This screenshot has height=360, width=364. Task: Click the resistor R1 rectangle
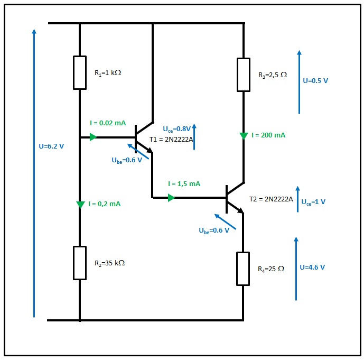[80, 72]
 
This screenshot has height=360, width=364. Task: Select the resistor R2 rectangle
[80, 263]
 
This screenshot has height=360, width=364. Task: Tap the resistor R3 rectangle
[244, 75]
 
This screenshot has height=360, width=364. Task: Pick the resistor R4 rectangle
[243, 269]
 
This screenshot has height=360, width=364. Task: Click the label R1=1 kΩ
[108, 73]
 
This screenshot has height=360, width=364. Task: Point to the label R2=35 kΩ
[109, 263]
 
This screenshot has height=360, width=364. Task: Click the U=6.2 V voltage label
[51, 146]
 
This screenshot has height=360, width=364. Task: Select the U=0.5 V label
[315, 81]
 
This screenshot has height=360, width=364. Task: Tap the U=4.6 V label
[312, 267]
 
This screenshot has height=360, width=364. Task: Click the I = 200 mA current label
[269, 135]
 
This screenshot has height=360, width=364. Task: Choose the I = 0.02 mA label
[108, 123]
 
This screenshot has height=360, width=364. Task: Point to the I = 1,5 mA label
[184, 184]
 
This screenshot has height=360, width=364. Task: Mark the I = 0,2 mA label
[105, 204]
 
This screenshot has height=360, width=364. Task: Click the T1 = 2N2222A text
[172, 140]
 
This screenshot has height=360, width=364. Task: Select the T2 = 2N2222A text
[271, 199]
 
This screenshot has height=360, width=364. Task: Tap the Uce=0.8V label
[176, 129]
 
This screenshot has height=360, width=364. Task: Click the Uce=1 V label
[313, 202]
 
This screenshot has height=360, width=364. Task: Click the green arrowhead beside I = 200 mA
[244, 136]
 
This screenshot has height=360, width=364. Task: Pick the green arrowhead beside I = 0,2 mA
[80, 205]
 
